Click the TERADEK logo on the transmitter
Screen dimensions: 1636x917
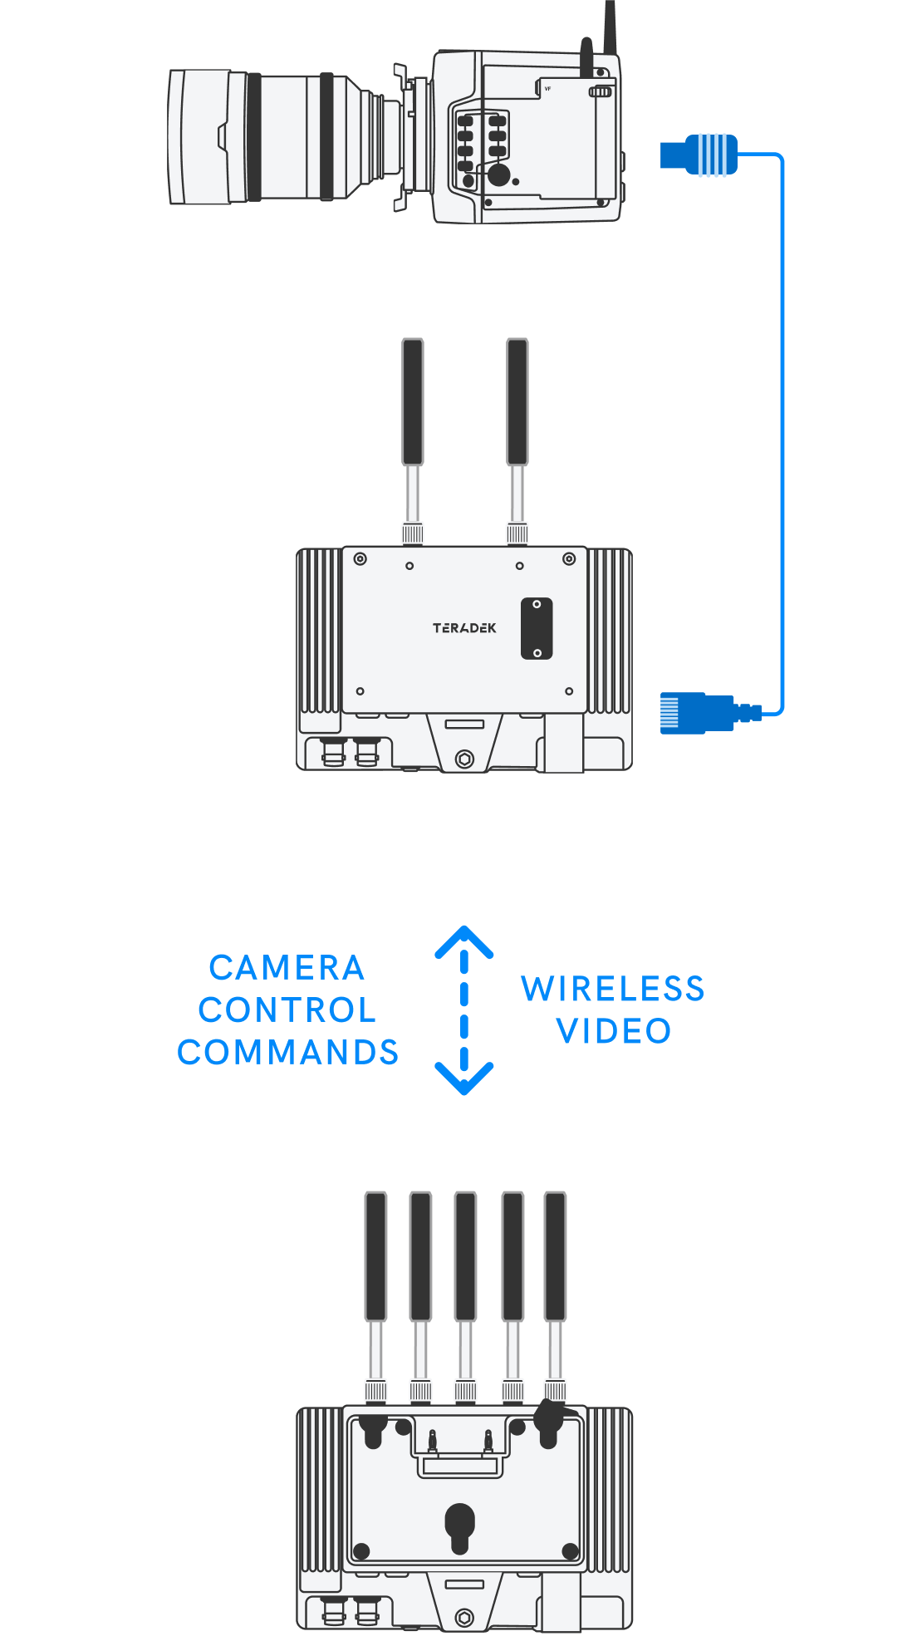pos(463,628)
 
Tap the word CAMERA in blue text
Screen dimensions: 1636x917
pos(287,968)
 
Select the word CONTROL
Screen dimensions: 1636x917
pos(287,1010)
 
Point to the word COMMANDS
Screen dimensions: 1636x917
pos(287,1053)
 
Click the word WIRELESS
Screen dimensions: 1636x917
pos(612,989)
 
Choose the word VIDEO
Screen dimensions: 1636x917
pos(613,1031)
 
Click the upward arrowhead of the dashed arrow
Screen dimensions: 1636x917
pos(464,942)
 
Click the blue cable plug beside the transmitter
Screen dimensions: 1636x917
pos(698,713)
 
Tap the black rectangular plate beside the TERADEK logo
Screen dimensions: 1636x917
pos(537,628)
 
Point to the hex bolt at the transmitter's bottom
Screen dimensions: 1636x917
pos(464,759)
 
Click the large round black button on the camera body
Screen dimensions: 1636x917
pos(498,174)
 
